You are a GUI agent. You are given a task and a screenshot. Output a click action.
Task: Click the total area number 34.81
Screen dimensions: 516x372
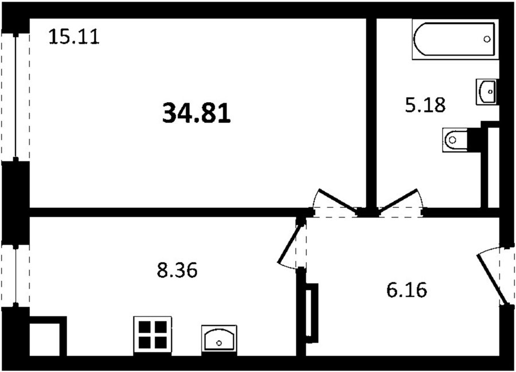pyautogui.click(x=197, y=113)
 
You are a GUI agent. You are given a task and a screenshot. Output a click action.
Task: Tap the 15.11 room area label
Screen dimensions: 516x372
pyautogui.click(x=74, y=36)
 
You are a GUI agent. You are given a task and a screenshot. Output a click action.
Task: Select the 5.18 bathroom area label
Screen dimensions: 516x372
pyautogui.click(x=425, y=104)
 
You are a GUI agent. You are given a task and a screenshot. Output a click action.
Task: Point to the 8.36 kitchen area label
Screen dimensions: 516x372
pyautogui.click(x=177, y=270)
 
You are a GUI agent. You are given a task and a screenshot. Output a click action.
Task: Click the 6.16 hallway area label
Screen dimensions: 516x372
pyautogui.click(x=406, y=290)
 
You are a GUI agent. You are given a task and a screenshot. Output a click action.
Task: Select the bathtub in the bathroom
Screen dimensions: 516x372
pyautogui.click(x=455, y=39)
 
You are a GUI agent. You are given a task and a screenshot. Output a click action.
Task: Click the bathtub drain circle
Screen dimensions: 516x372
pyautogui.click(x=487, y=39)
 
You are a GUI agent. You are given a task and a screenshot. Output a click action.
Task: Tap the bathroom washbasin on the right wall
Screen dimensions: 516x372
pyautogui.click(x=487, y=92)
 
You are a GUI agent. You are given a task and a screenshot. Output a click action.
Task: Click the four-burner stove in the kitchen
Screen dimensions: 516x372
pyautogui.click(x=153, y=335)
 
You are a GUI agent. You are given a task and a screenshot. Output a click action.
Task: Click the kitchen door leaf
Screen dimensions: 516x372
pyautogui.click(x=291, y=241)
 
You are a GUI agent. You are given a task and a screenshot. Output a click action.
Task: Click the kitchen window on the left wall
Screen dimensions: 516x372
pyautogui.click(x=15, y=276)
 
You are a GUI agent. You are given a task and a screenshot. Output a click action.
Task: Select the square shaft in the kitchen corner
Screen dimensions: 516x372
pyautogui.click(x=48, y=336)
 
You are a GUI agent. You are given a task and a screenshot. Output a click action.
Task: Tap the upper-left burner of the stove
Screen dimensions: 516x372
pyautogui.click(x=144, y=327)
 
